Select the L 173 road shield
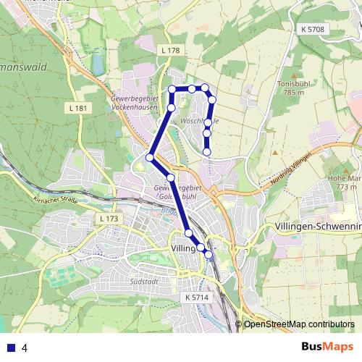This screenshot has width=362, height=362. pos(106,218)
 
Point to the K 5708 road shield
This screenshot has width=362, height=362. pos(313,29)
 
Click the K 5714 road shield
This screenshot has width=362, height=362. pos(196,297)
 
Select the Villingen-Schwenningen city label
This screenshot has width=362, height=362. pos(319,227)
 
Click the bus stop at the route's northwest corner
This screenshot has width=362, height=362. pos(172,89)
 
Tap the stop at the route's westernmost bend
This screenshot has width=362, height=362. pos(150,157)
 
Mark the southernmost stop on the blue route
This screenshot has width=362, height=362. pos(209,254)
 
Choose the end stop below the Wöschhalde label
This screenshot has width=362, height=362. pos(207,152)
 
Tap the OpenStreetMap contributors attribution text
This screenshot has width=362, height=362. pos(299,324)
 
